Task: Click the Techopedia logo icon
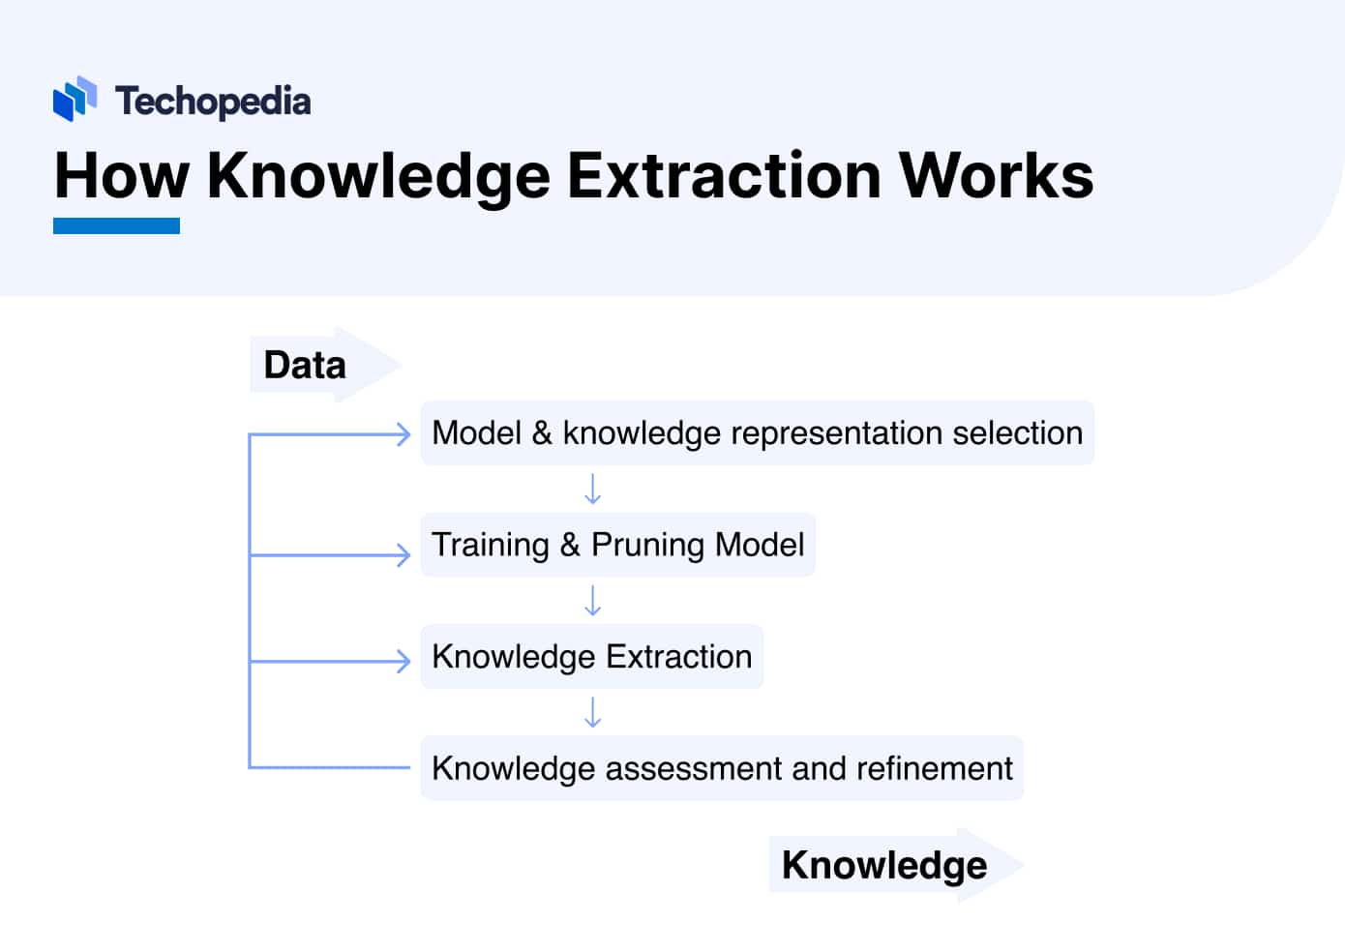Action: pyautogui.click(x=75, y=99)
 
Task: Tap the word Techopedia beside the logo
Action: pyautogui.click(x=213, y=102)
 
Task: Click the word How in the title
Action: pyautogui.click(x=121, y=176)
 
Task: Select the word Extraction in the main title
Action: pyautogui.click(x=724, y=176)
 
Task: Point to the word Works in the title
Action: pyautogui.click(x=996, y=176)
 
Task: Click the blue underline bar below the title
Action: pyautogui.click(x=116, y=226)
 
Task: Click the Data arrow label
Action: pyautogui.click(x=306, y=366)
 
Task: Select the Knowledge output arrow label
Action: pyautogui.click(x=884, y=865)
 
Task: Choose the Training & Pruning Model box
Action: pyautogui.click(x=617, y=545)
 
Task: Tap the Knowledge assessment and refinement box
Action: pyautogui.click(x=722, y=768)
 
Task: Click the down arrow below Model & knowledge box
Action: pyautogui.click(x=593, y=490)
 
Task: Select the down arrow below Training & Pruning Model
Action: pyautogui.click(x=593, y=601)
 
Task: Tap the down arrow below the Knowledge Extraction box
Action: pyautogui.click(x=593, y=713)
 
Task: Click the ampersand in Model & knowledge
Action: pyautogui.click(x=542, y=433)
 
